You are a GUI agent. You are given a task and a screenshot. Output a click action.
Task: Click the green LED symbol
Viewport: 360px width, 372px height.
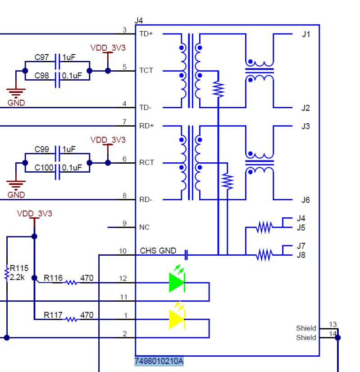click(x=177, y=283)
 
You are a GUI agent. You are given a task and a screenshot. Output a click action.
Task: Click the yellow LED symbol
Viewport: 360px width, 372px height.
click(x=177, y=319)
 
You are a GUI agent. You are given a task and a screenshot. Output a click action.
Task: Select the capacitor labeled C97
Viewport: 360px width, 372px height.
click(x=57, y=58)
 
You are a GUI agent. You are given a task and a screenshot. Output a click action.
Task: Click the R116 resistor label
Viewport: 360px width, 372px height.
click(x=53, y=278)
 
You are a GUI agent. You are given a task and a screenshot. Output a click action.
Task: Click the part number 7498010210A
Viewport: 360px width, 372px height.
click(x=159, y=361)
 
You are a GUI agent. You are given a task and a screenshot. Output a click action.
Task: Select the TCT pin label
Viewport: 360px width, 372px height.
click(x=146, y=71)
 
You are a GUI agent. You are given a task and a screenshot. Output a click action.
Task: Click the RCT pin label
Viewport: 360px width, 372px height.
click(x=146, y=163)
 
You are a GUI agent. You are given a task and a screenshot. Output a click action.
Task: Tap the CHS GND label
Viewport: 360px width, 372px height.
click(x=158, y=251)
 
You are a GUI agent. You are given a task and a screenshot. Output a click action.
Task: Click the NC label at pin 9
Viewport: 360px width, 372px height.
click(x=144, y=227)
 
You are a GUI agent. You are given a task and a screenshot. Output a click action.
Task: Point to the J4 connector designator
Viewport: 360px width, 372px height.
click(x=139, y=20)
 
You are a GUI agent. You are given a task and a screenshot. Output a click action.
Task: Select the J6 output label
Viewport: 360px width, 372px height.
click(x=306, y=200)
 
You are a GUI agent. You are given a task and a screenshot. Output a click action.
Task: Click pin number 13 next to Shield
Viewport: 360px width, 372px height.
click(x=333, y=324)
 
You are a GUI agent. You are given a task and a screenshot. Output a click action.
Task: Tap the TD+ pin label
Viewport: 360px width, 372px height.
click(x=146, y=34)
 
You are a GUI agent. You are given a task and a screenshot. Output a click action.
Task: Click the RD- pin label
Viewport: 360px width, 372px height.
click(x=146, y=200)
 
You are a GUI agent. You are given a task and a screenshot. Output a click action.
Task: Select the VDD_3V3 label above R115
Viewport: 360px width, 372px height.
click(x=34, y=213)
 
